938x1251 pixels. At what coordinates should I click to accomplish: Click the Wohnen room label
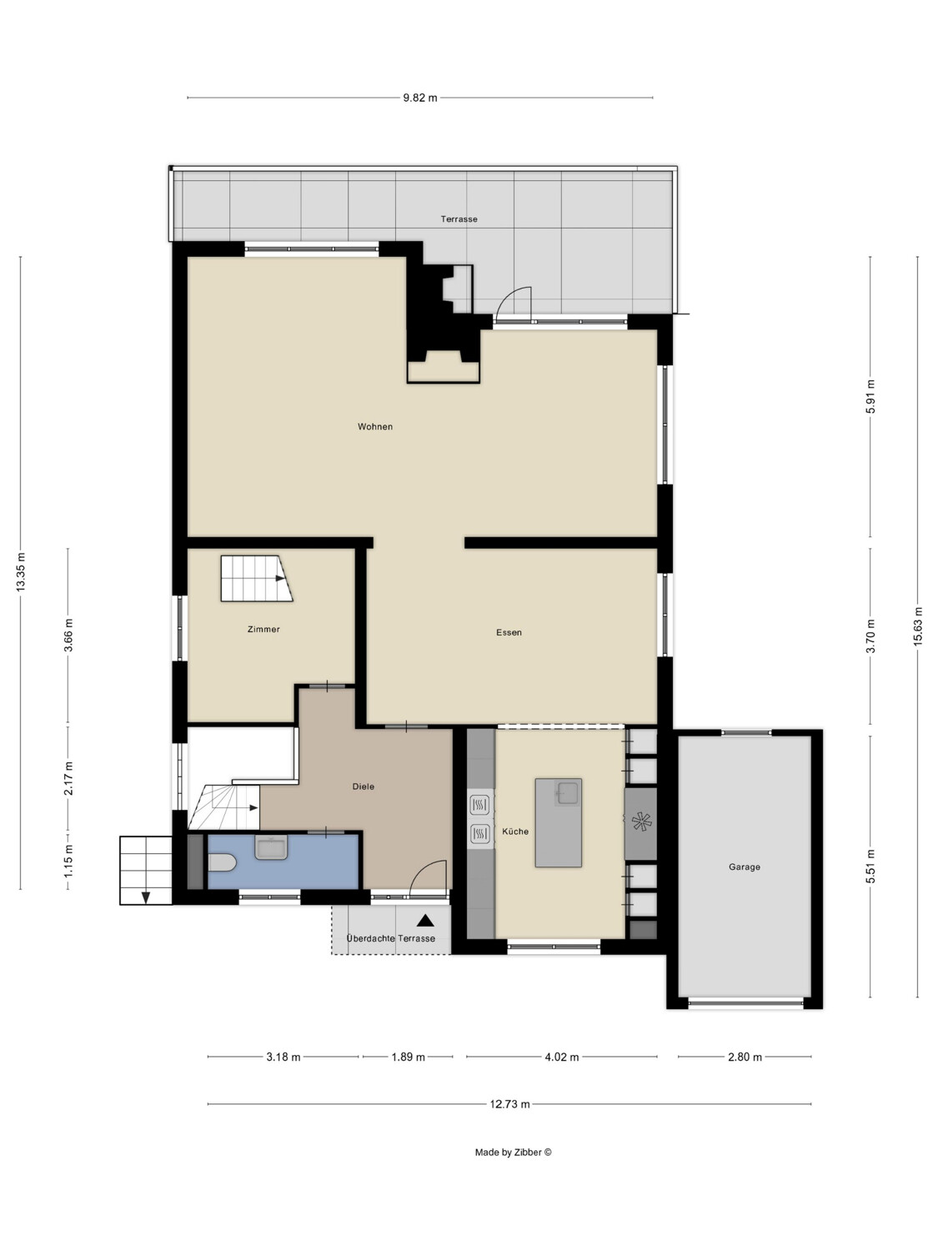374,426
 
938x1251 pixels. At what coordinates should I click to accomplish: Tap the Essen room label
509,632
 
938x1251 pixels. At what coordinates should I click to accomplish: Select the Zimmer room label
263,629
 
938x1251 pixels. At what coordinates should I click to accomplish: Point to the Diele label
364,786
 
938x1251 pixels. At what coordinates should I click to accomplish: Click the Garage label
745,867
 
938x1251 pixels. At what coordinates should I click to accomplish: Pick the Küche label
514,831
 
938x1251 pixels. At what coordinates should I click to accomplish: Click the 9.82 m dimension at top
420,98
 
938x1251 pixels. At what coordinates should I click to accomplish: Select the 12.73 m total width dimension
509,1104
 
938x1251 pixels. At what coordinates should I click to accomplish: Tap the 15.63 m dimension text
917,626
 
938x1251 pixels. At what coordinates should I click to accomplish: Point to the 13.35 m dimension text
21,571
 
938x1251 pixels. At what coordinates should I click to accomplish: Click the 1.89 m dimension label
408,1058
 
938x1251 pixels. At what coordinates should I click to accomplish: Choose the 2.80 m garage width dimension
745,1058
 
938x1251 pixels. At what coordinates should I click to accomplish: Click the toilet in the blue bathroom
222,862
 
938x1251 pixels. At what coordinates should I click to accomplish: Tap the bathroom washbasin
271,847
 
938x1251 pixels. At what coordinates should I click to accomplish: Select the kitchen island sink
567,793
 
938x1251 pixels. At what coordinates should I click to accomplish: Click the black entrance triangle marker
425,921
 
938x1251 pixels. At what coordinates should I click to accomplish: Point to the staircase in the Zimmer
256,579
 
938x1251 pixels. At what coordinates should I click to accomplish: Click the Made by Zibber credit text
513,1152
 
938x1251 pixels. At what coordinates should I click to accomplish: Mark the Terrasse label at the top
459,219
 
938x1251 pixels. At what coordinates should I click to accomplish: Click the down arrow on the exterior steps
146,897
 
